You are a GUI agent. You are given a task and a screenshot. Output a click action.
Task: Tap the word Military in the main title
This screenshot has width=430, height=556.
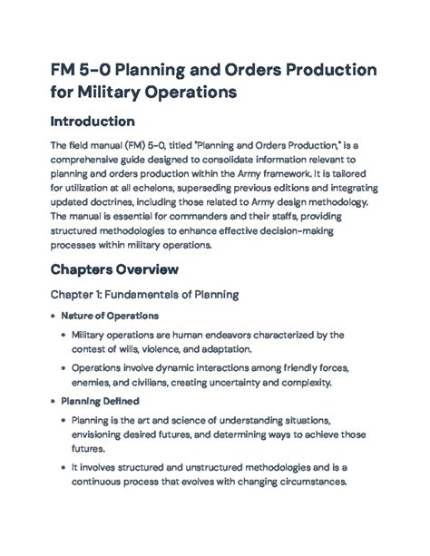coord(114,92)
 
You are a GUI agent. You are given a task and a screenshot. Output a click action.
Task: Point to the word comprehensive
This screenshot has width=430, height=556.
coord(94,158)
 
